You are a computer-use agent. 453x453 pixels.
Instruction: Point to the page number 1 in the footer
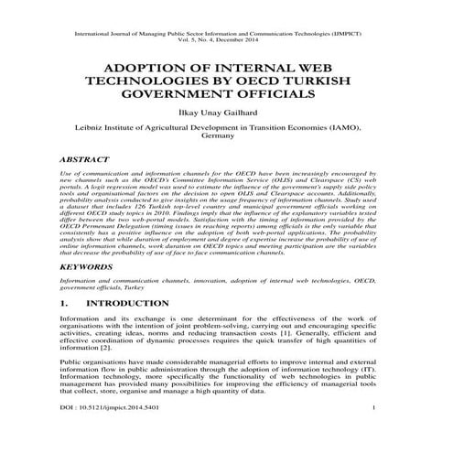tap(389, 431)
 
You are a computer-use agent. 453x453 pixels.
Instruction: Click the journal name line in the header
tap(226, 34)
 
